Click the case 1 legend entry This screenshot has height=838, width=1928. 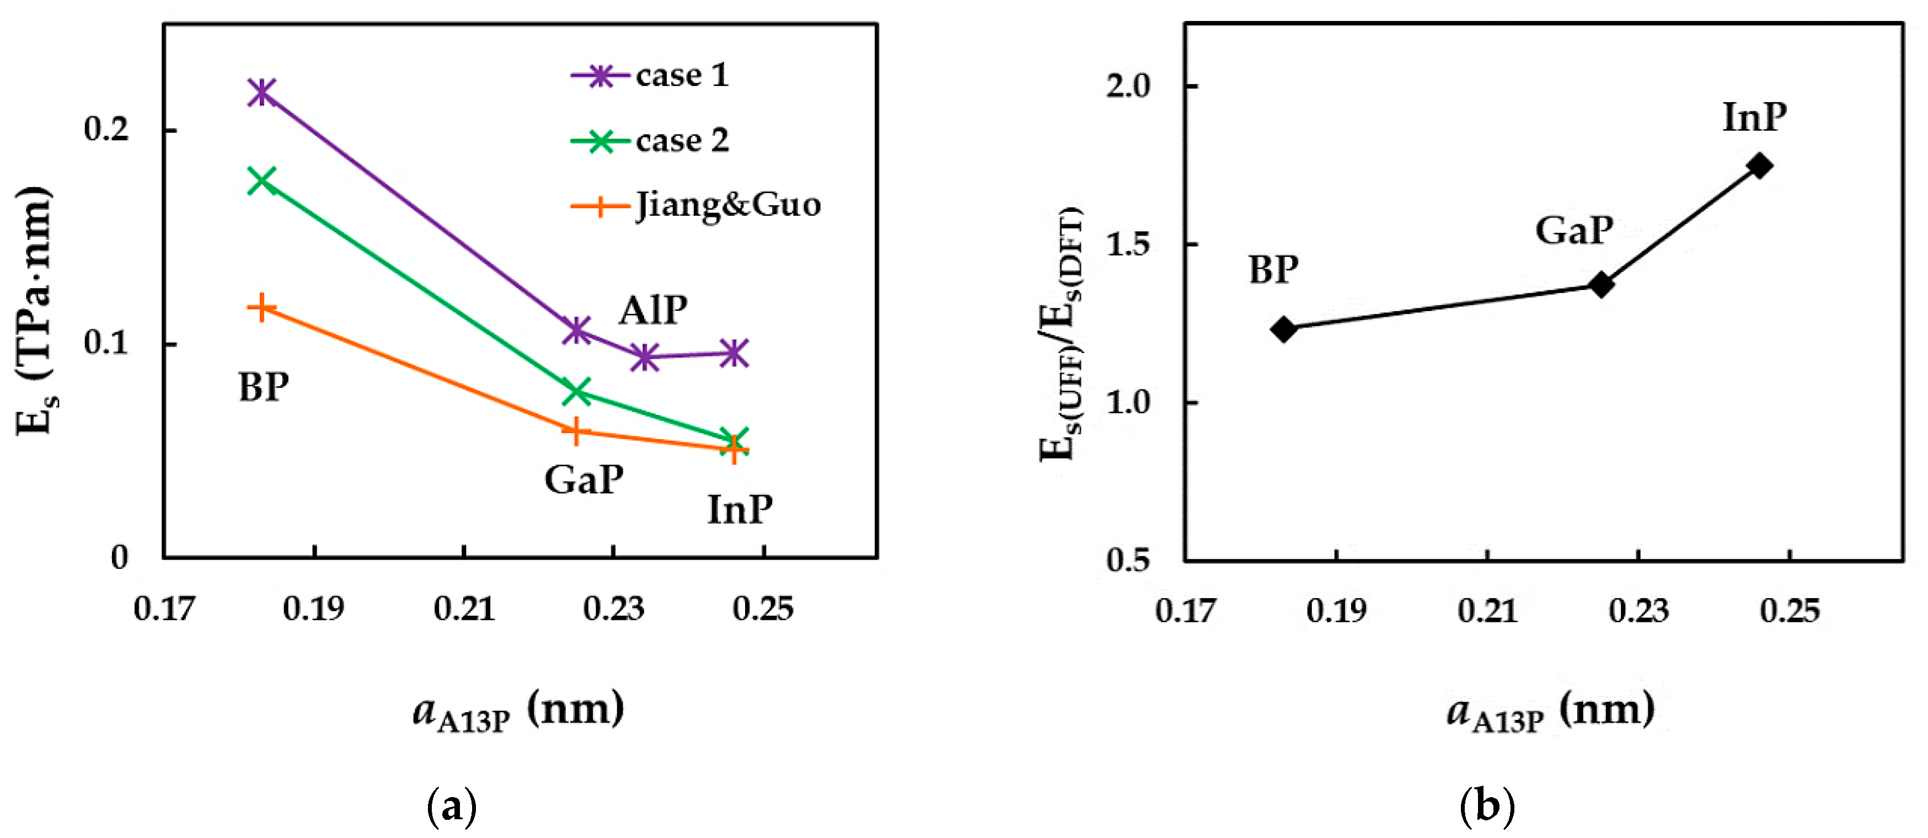click(650, 76)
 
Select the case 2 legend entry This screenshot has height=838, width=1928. click(650, 141)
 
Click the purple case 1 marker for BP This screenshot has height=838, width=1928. click(262, 92)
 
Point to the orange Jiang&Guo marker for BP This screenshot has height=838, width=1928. click(262, 308)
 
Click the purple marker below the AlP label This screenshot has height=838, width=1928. click(645, 357)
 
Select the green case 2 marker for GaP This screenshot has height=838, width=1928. click(576, 392)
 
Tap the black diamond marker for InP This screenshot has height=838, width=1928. click(1760, 166)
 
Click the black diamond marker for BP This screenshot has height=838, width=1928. click(1284, 329)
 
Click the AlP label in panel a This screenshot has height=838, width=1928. click(652, 310)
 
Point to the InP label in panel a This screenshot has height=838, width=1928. click(740, 510)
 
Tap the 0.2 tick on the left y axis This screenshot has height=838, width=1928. click(106, 130)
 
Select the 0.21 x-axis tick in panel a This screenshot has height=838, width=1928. click(464, 608)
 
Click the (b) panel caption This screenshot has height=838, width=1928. click(1487, 807)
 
